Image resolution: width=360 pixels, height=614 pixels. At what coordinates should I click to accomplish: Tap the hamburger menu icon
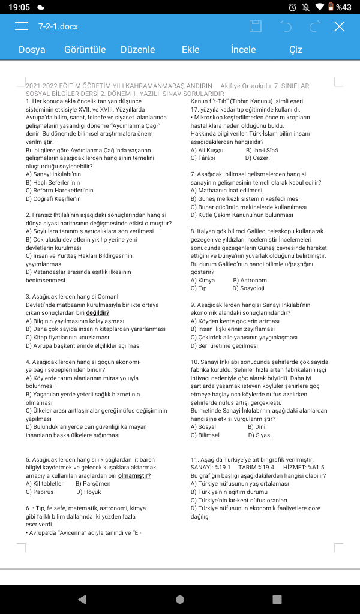click(x=22, y=26)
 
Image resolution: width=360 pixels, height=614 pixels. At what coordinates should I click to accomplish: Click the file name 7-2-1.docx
click(x=58, y=26)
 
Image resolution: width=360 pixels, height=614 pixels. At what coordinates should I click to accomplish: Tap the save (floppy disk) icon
click(x=256, y=26)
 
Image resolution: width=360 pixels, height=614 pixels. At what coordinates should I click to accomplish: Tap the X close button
click(x=340, y=26)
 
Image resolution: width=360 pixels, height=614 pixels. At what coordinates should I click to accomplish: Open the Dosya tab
click(x=32, y=50)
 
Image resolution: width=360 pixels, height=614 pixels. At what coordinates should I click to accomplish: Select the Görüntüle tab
click(x=85, y=50)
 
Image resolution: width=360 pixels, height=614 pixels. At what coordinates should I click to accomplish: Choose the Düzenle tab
click(x=137, y=50)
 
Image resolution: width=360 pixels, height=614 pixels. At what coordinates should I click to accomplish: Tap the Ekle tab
click(x=190, y=50)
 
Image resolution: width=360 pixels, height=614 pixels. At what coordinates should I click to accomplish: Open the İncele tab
click(x=243, y=50)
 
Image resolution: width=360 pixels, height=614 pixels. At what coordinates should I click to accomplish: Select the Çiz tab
click(x=296, y=50)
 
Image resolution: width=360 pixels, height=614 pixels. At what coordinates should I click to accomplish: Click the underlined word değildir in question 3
click(x=98, y=312)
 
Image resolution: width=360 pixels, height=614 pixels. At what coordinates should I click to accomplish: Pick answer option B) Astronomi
click(x=250, y=280)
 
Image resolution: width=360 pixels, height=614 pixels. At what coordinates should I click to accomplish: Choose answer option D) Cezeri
click(x=257, y=158)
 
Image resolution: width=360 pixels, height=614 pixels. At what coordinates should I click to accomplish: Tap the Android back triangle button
click(x=82, y=599)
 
